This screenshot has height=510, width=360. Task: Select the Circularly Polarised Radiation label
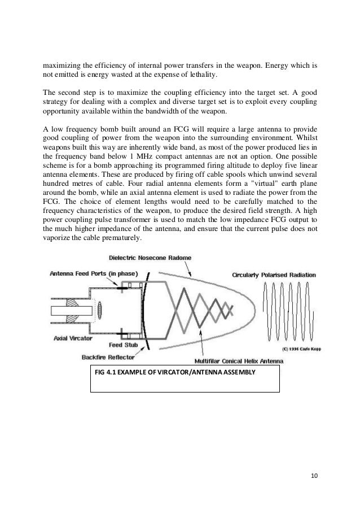click(274, 275)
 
